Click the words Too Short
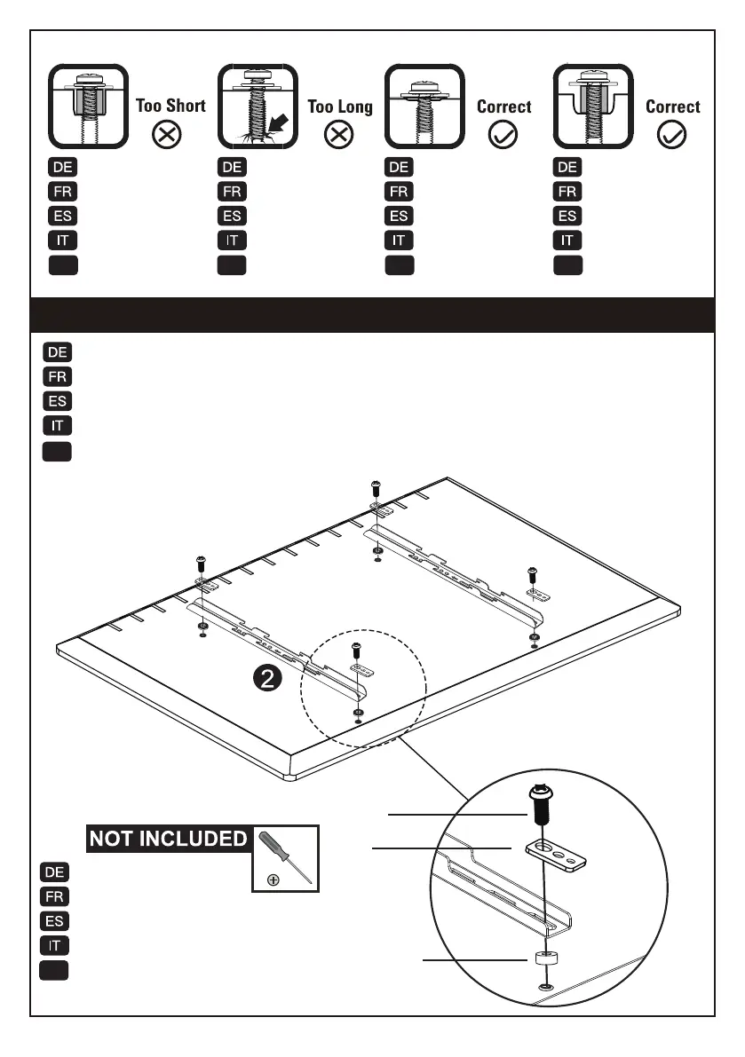click(x=170, y=106)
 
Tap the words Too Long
click(x=340, y=106)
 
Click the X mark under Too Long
click(x=340, y=135)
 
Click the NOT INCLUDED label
click(x=167, y=839)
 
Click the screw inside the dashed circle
click(x=357, y=648)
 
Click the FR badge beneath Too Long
click(x=232, y=191)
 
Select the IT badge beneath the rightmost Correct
click(x=567, y=240)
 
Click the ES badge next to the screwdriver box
click(x=55, y=920)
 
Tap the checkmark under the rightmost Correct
click(x=673, y=135)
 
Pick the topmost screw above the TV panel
click(x=376, y=487)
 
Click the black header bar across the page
click(x=372, y=315)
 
